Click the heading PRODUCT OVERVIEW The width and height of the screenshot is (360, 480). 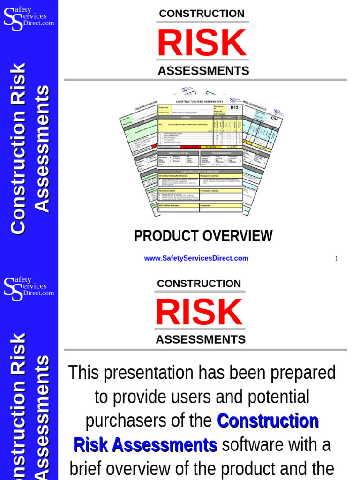(x=203, y=236)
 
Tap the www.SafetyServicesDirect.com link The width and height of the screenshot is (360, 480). (x=196, y=258)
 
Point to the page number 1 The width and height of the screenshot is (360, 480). (x=336, y=258)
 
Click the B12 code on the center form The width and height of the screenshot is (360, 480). (x=234, y=107)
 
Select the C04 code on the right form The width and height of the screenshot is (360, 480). (x=275, y=119)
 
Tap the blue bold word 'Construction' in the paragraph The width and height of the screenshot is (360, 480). (x=268, y=420)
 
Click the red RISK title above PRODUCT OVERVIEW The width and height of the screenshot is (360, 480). (x=202, y=43)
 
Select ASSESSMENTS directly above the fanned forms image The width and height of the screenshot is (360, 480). (x=203, y=71)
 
